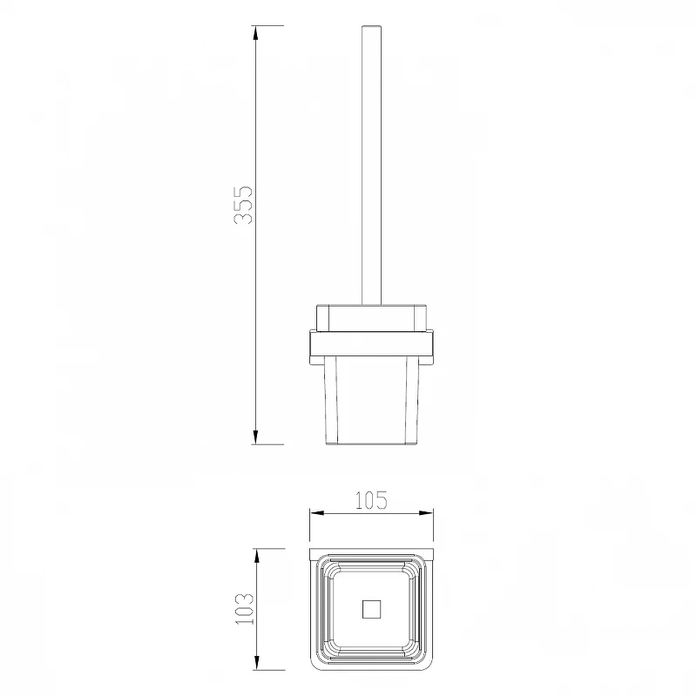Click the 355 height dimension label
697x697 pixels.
[x=243, y=205]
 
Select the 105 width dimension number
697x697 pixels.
[x=371, y=500]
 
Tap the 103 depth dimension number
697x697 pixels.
[x=244, y=609]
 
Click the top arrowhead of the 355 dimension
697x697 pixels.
[x=255, y=32]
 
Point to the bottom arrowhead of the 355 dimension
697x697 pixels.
[x=255, y=437]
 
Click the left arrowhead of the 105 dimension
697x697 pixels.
[x=316, y=513]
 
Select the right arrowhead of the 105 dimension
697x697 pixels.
[x=427, y=513]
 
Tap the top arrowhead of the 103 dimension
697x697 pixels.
[x=256, y=555]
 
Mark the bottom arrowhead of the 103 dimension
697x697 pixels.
[x=256, y=663]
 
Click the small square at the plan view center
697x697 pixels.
[x=372, y=609]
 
